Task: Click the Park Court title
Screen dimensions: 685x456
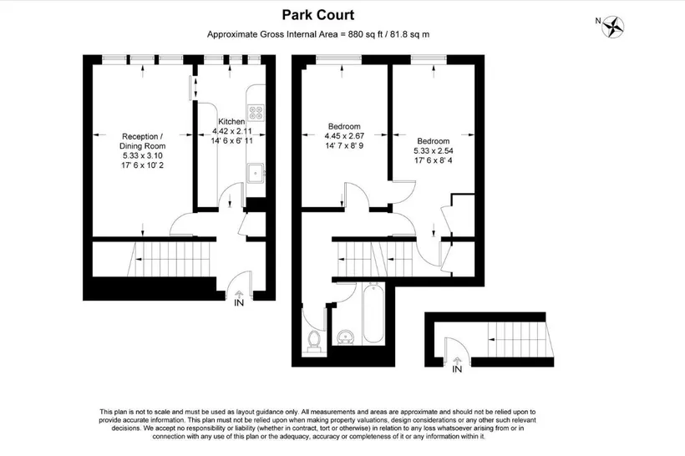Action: (317, 15)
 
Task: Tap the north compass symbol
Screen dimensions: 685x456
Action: (612, 27)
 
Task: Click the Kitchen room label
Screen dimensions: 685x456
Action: (231, 121)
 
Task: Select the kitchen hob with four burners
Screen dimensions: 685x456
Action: (256, 113)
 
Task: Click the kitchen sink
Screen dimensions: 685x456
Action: (256, 174)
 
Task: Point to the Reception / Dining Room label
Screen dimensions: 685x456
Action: (142, 141)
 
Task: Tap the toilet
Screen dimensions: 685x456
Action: (314, 340)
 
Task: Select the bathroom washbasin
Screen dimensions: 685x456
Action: (347, 337)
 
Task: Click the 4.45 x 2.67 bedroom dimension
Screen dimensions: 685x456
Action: (344, 136)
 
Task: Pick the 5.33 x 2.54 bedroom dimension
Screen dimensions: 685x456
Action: (434, 150)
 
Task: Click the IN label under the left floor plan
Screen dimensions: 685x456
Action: (239, 302)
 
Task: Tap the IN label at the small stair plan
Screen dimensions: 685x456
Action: (457, 369)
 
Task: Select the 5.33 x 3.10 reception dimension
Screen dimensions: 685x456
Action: (142, 156)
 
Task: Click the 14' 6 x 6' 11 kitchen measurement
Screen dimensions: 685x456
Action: (231, 141)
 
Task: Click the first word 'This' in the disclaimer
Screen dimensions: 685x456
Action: (106, 412)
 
